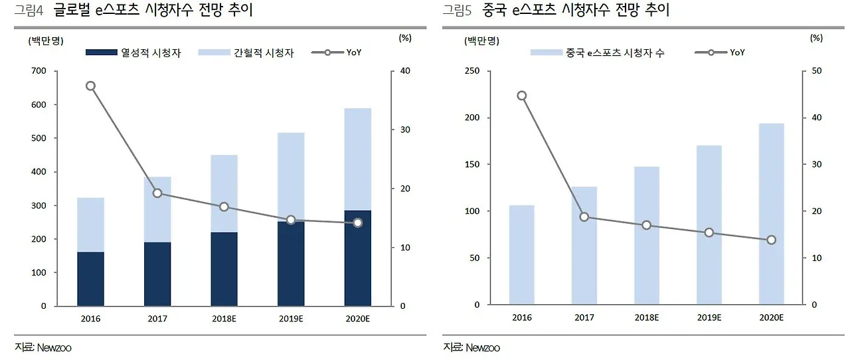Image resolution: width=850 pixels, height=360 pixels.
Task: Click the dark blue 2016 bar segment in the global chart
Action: click(x=90, y=279)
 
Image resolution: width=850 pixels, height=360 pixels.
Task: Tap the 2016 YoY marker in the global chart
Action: click(x=91, y=86)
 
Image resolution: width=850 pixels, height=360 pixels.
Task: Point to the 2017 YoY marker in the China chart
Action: click(x=584, y=217)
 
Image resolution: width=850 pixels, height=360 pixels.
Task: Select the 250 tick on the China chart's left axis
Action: click(x=472, y=71)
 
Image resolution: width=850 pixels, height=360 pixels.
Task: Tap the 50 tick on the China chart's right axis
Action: click(x=816, y=71)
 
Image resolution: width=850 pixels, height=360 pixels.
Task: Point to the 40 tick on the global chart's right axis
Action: click(x=404, y=71)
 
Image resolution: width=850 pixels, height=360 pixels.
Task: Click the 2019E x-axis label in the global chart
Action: click(x=290, y=318)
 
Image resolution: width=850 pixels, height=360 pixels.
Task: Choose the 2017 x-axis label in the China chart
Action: click(x=584, y=318)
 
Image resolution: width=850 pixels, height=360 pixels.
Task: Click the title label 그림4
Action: click(x=28, y=11)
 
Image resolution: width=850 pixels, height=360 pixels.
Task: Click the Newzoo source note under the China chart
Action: click(x=472, y=347)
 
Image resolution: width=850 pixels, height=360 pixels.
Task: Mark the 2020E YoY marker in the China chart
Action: click(x=771, y=240)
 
